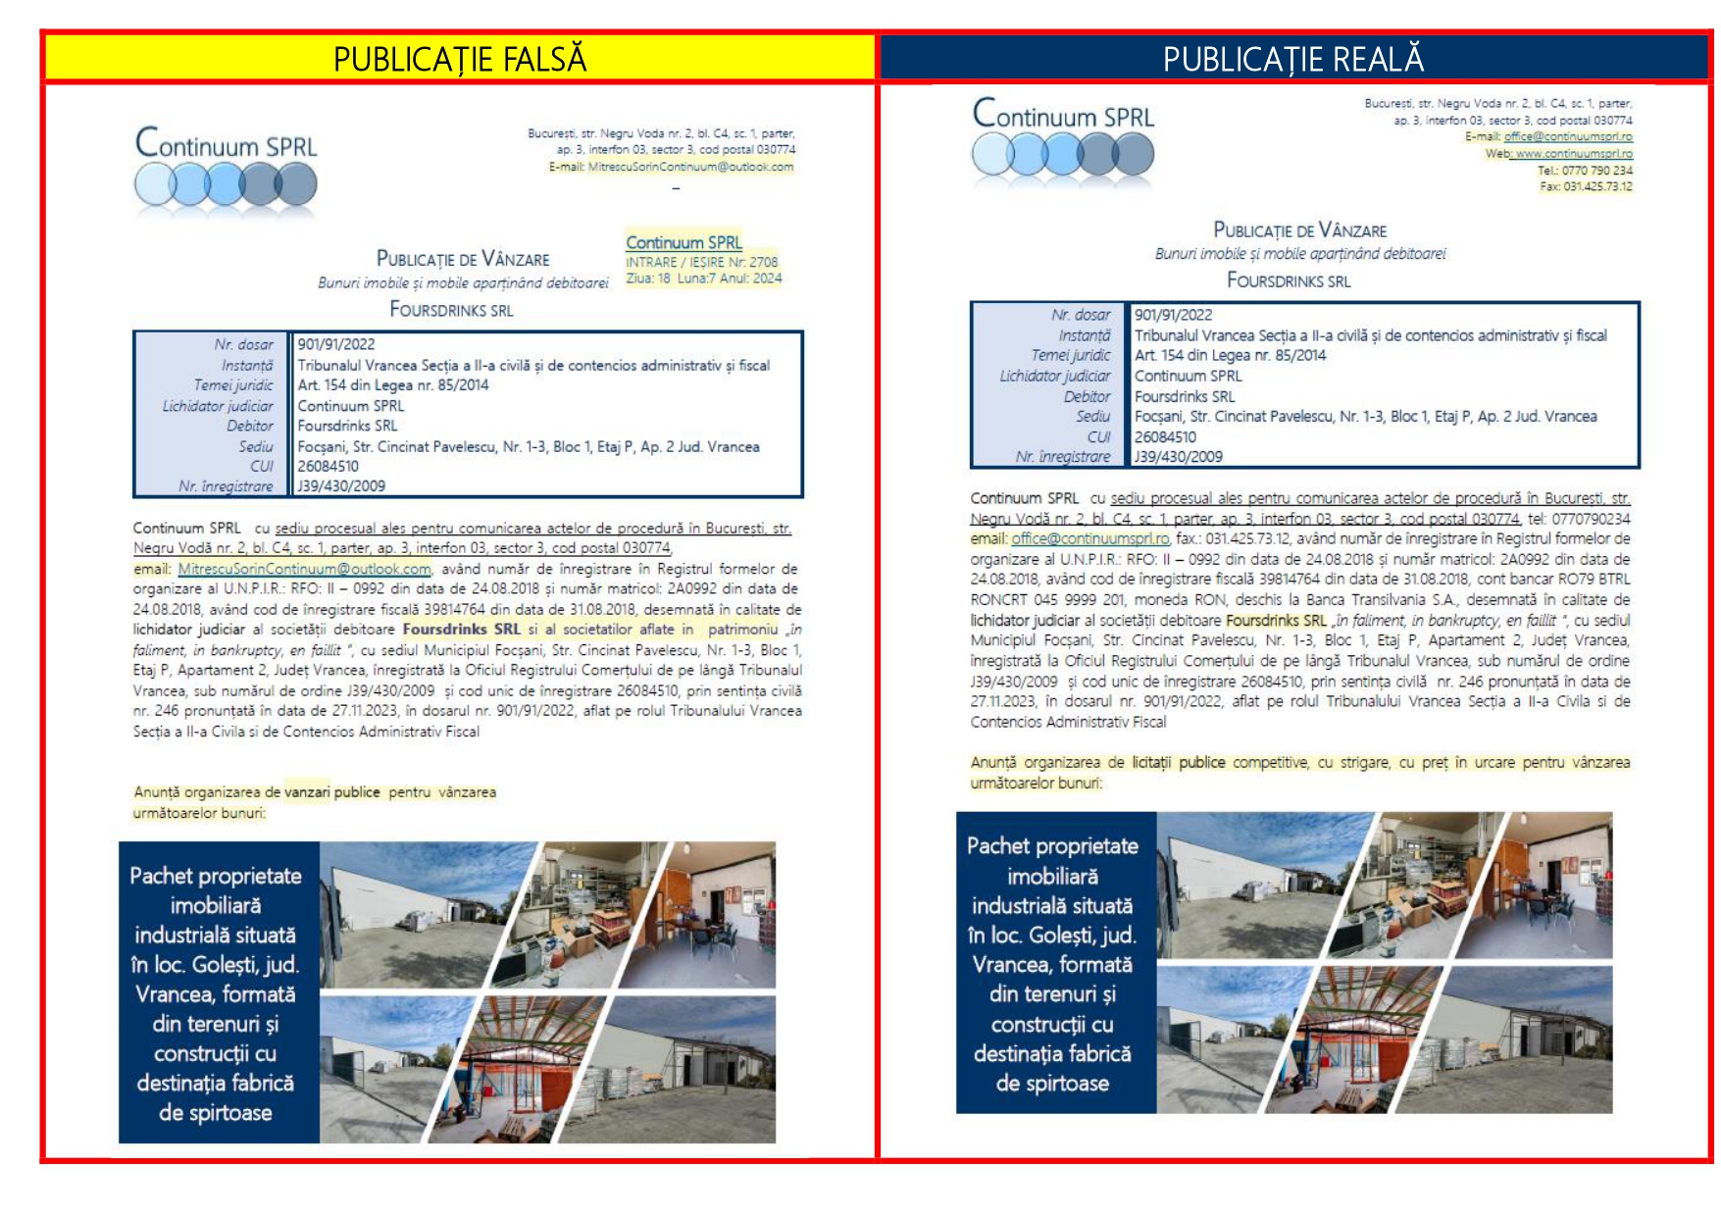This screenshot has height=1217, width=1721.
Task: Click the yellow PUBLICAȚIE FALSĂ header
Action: point(459,59)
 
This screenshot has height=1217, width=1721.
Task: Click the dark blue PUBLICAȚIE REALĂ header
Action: point(1292,59)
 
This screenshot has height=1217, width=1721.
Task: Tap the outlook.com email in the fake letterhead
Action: point(690,168)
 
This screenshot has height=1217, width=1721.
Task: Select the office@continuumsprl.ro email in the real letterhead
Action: point(1568,137)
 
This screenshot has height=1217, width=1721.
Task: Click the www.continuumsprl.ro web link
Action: point(1574,154)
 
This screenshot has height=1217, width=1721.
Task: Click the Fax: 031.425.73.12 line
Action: point(1586,187)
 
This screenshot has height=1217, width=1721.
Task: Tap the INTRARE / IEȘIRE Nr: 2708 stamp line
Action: point(702,262)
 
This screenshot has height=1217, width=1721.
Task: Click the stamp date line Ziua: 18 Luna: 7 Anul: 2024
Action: point(703,279)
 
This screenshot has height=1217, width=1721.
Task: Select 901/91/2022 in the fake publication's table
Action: point(336,344)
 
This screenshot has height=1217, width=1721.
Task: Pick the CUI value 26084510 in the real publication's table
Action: point(1165,437)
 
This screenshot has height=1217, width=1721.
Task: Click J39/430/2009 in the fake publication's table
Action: point(341,486)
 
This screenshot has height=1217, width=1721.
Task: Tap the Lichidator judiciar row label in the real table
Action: point(1055,377)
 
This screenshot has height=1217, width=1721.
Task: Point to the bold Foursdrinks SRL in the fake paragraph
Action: point(461,630)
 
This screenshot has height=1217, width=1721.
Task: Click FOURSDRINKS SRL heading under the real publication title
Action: point(1289,281)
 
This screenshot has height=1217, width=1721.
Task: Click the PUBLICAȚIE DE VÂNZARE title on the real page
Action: point(1299,230)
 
